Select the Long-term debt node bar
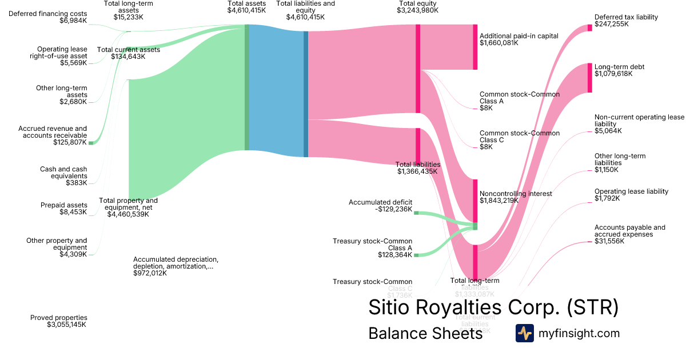(x=590, y=78)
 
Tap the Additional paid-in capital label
(x=519, y=39)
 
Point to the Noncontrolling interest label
(x=516, y=197)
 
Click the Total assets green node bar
(x=247, y=87)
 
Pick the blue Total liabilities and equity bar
(x=306, y=94)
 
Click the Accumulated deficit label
(x=381, y=206)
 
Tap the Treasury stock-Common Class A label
(x=372, y=248)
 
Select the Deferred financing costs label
(x=48, y=17)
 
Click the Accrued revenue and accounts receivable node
(x=90, y=142)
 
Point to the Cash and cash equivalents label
(x=63, y=176)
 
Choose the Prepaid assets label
(x=63, y=209)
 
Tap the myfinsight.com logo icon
(x=524, y=333)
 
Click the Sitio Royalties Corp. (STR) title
(x=493, y=307)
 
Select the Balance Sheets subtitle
(x=425, y=333)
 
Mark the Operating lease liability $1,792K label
(x=631, y=195)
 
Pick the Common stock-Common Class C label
(x=520, y=139)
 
